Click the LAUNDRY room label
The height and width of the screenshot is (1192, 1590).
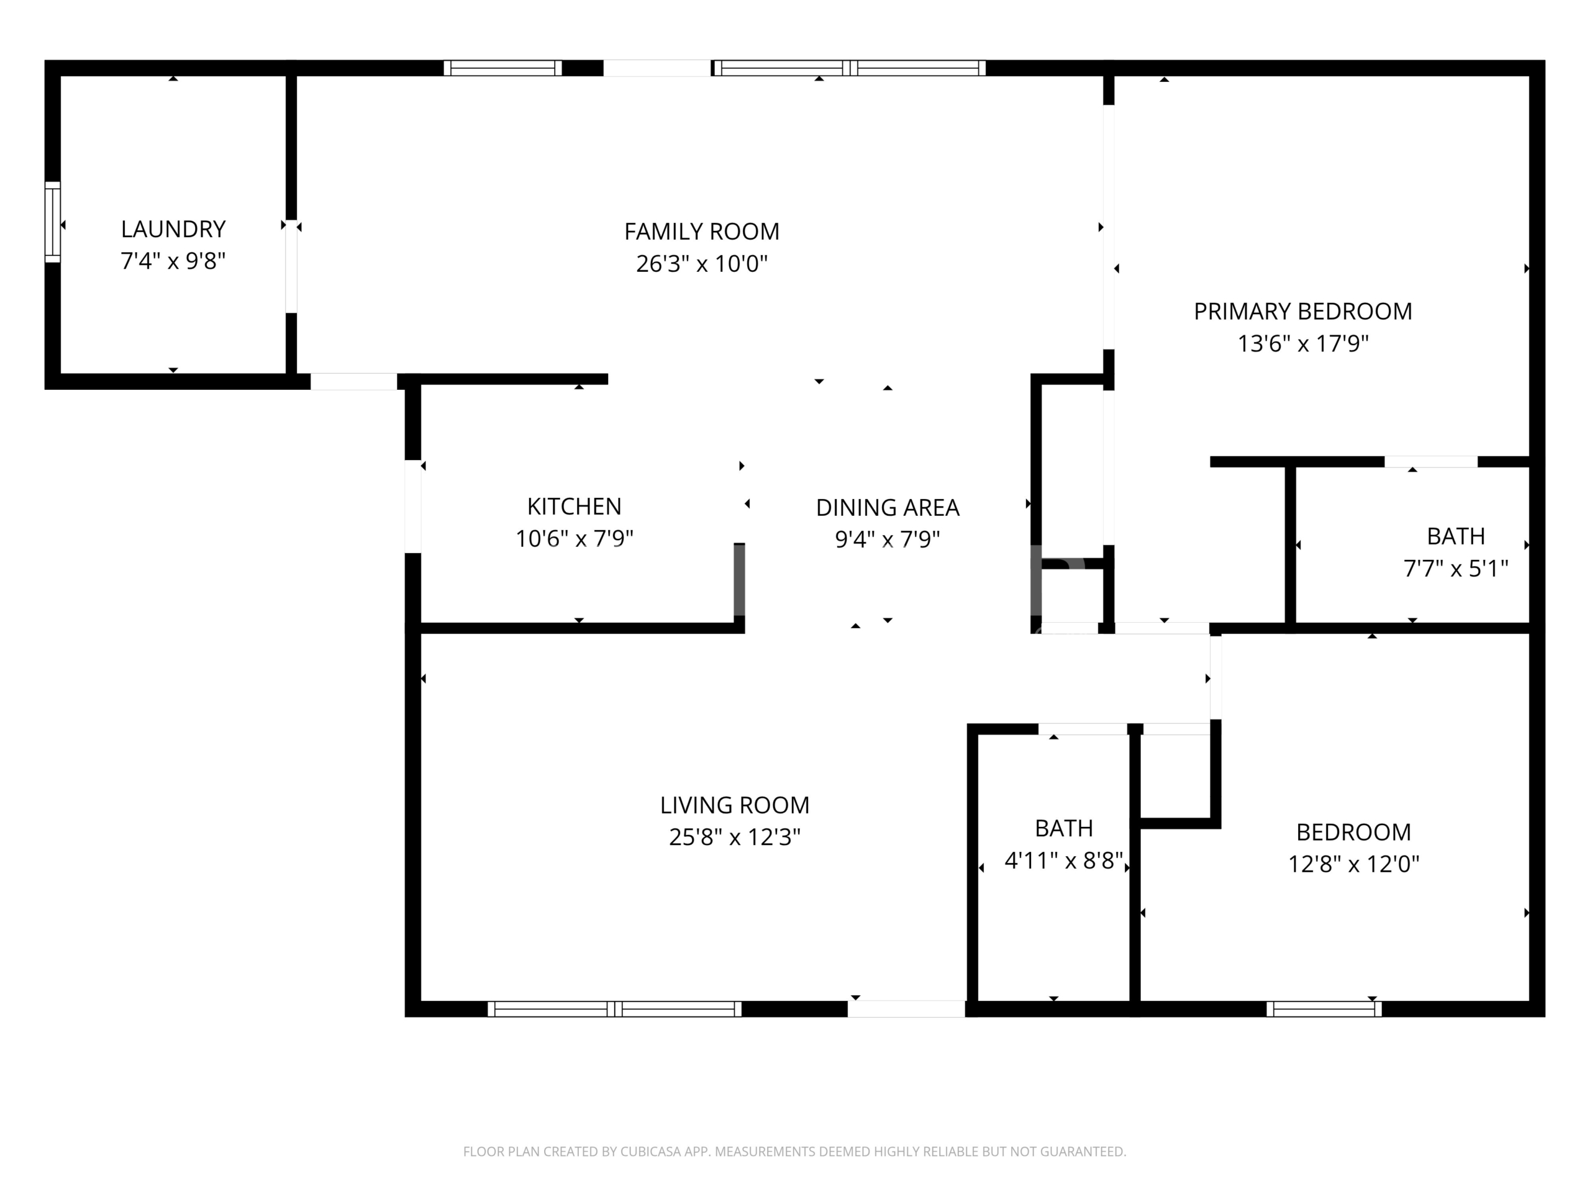pyautogui.click(x=173, y=229)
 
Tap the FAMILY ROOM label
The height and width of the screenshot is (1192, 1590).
pyautogui.click(x=702, y=232)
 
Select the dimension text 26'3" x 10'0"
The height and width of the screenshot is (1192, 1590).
pyautogui.click(x=702, y=264)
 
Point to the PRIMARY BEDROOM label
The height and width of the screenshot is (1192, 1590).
pyautogui.click(x=1302, y=311)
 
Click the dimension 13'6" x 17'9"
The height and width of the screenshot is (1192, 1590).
pyautogui.click(x=1302, y=343)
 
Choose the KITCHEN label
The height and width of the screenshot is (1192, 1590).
pyautogui.click(x=574, y=507)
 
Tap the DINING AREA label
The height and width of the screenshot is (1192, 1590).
pyautogui.click(x=887, y=508)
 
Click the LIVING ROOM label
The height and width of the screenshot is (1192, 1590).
pyautogui.click(x=735, y=805)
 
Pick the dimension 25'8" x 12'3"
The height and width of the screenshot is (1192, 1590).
pyautogui.click(x=735, y=837)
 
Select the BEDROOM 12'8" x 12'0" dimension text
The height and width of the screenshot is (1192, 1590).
pyautogui.click(x=1353, y=864)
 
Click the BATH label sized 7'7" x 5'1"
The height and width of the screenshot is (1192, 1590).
pyautogui.click(x=1456, y=537)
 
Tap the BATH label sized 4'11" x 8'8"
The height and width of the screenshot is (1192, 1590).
pyautogui.click(x=1064, y=828)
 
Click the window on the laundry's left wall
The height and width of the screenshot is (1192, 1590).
pyautogui.click(x=52, y=222)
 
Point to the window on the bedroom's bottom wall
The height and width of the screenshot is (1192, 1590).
pyautogui.click(x=1324, y=1009)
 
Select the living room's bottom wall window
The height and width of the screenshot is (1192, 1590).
pyautogui.click(x=615, y=1009)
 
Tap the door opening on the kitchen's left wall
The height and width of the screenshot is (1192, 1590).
pyautogui.click(x=412, y=507)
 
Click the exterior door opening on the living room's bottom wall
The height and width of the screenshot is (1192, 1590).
pyautogui.click(x=906, y=1009)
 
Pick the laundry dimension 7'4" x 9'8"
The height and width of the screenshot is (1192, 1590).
pyautogui.click(x=173, y=261)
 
